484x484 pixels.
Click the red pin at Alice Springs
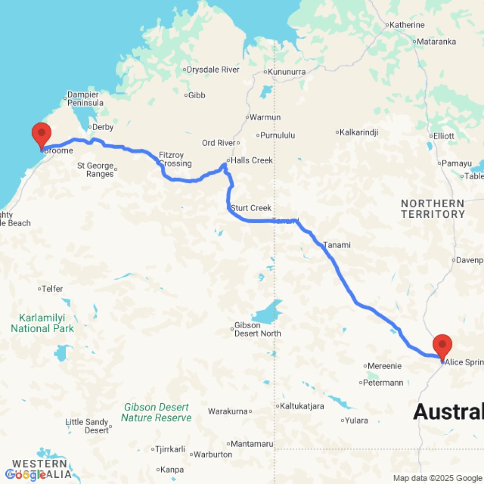coord(442,346)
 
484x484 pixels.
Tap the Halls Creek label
coord(252,160)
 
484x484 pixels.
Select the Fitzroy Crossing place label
coord(175,160)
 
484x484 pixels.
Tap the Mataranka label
coord(437,42)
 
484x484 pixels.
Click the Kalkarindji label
coord(359,132)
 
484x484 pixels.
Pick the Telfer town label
coord(52,289)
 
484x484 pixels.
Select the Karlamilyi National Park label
coord(43,323)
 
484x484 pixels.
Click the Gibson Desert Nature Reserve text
coord(156,412)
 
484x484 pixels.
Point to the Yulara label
coord(357,421)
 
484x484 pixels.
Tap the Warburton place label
coord(213,454)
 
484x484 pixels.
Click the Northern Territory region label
coord(433,209)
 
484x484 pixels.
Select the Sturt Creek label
coord(251,208)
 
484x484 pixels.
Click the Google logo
coord(25,475)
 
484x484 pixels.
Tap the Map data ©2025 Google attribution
coord(438,478)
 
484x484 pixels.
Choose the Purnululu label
coord(278,136)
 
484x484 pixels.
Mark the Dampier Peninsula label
coord(85,99)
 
